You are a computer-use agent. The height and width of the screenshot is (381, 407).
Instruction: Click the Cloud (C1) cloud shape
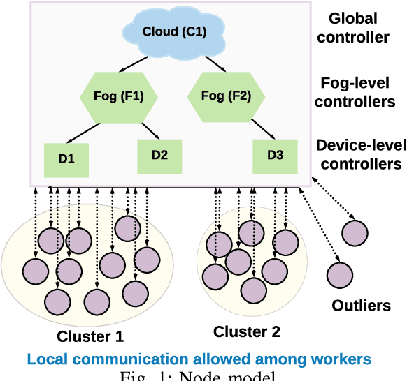point(173,32)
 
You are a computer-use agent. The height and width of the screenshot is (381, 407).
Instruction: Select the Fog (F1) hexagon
point(113,96)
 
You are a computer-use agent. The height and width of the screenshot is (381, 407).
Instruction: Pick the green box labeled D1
point(66,158)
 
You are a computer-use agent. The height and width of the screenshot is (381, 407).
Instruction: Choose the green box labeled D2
point(159,155)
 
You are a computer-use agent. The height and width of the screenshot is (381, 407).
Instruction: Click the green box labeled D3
point(276,155)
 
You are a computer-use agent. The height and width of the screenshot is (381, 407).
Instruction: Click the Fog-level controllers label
point(355,92)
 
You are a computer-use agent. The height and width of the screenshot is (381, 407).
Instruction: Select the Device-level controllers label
point(358,155)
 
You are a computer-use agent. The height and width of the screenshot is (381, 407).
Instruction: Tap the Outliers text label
point(361,306)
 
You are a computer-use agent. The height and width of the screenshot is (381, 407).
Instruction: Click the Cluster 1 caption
point(90,336)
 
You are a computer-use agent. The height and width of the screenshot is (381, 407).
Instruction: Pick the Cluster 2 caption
point(246,331)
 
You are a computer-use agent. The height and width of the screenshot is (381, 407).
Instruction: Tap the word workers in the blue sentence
point(343,359)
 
